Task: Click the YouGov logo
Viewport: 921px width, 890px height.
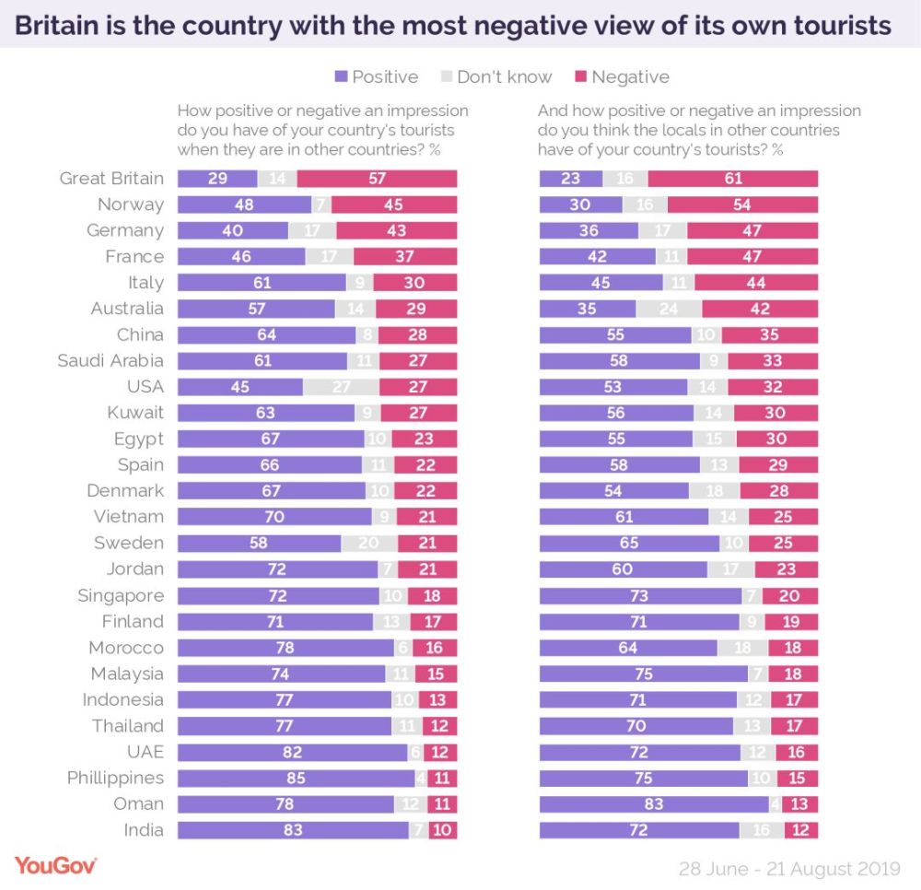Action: tap(55, 865)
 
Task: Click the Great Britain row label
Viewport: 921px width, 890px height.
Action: tap(111, 179)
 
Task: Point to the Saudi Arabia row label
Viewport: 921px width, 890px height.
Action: tap(111, 360)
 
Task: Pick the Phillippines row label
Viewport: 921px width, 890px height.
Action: tap(115, 779)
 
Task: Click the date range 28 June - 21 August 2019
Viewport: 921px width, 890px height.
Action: tap(790, 868)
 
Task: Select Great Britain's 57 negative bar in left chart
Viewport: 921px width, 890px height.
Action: tap(378, 179)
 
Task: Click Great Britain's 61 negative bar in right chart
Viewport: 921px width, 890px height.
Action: tap(733, 179)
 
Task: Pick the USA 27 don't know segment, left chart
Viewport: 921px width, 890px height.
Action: tap(341, 386)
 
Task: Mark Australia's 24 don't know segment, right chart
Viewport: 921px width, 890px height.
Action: tap(669, 309)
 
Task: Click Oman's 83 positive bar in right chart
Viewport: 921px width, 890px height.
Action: tap(654, 804)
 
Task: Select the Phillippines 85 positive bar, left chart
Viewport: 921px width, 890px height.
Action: tap(296, 779)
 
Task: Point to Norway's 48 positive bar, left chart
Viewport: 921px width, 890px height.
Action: tap(244, 205)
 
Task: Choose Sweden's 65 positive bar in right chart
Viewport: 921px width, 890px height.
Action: tap(629, 543)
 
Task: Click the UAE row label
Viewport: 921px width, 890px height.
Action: tap(144, 752)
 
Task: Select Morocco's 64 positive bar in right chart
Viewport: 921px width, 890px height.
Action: tap(628, 648)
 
